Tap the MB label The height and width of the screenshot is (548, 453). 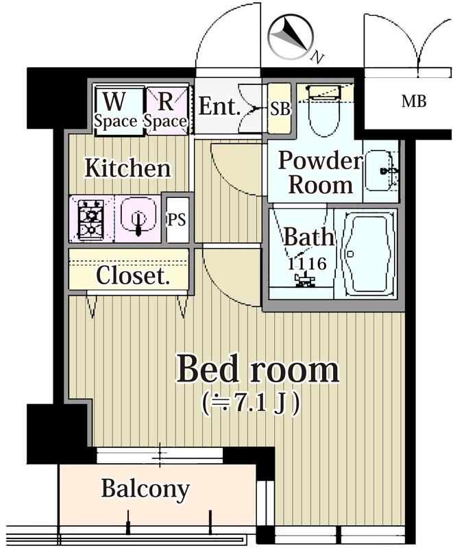[x=413, y=102]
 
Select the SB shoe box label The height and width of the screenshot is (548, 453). [x=279, y=108]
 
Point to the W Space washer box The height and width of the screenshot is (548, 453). [x=115, y=110]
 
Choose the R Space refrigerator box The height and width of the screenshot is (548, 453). [x=165, y=110]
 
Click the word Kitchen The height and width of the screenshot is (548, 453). [x=127, y=169]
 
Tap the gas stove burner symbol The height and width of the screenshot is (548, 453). [x=90, y=219]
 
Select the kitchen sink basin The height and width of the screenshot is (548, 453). [x=137, y=219]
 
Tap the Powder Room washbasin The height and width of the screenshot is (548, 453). [x=380, y=171]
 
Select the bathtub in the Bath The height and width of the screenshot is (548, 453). [x=369, y=254]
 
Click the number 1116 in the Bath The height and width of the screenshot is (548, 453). [x=302, y=262]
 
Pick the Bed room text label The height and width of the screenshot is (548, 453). [x=258, y=370]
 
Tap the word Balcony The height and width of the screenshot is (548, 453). [x=145, y=489]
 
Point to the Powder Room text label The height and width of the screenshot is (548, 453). [x=320, y=172]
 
